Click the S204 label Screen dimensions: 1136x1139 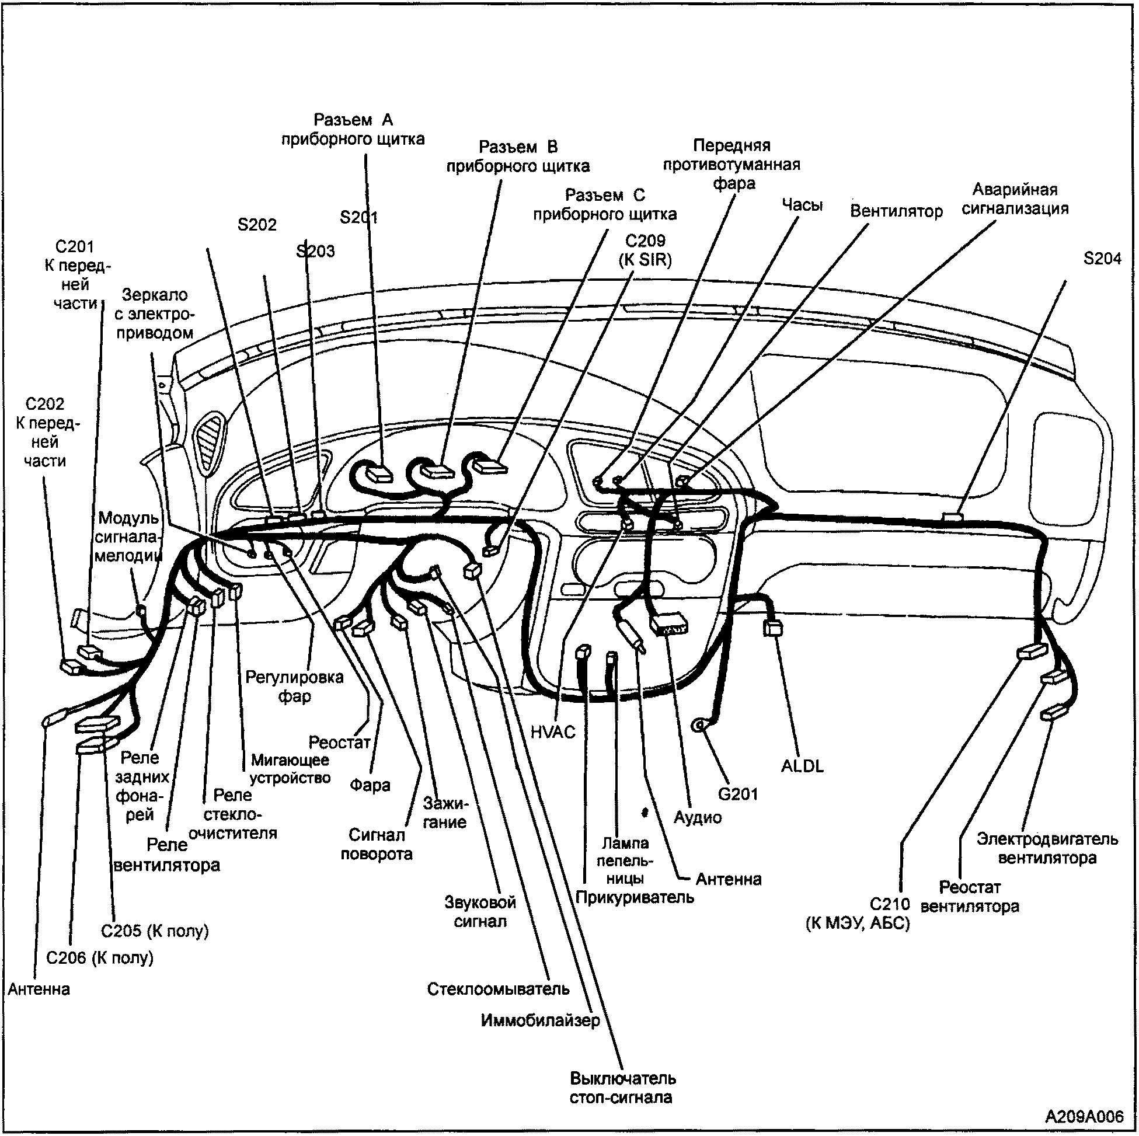[x=1102, y=259]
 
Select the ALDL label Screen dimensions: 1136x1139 [x=802, y=766]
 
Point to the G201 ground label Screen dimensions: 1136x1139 [x=737, y=793]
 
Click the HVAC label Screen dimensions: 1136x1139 [x=552, y=732]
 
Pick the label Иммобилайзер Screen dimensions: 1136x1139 [x=540, y=1020]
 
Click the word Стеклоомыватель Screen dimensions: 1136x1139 [x=498, y=989]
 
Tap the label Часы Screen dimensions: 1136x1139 [x=802, y=204]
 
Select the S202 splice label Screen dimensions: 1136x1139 [x=257, y=225]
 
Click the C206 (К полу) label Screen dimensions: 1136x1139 [x=100, y=958]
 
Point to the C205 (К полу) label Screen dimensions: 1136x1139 [x=155, y=931]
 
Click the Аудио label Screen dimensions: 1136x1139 [x=698, y=818]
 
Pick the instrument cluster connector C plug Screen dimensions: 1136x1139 [x=490, y=468]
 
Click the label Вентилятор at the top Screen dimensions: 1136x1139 [x=896, y=211]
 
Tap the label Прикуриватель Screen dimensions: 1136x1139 [x=635, y=898]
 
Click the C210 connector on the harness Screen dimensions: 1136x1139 [x=1031, y=651]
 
